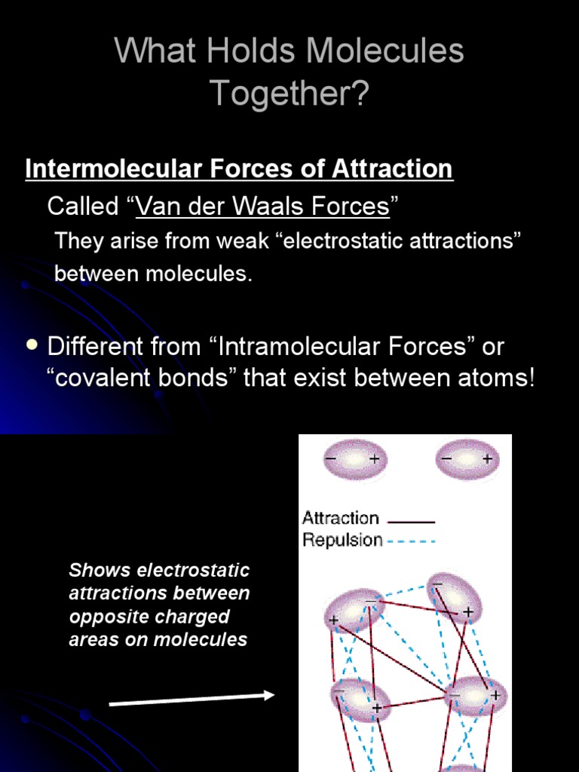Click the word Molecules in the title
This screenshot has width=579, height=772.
click(384, 51)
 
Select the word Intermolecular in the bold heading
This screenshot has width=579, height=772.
click(115, 168)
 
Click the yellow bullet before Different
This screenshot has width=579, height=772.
click(32, 345)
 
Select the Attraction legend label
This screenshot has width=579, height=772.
click(341, 518)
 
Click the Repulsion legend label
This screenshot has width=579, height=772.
click(343, 540)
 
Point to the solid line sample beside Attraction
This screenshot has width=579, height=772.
click(411, 522)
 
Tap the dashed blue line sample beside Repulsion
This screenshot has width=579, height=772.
click(412, 542)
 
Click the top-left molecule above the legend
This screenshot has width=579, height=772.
click(355, 459)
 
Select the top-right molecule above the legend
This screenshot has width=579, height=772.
click(467, 459)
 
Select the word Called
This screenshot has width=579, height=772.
click(83, 205)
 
